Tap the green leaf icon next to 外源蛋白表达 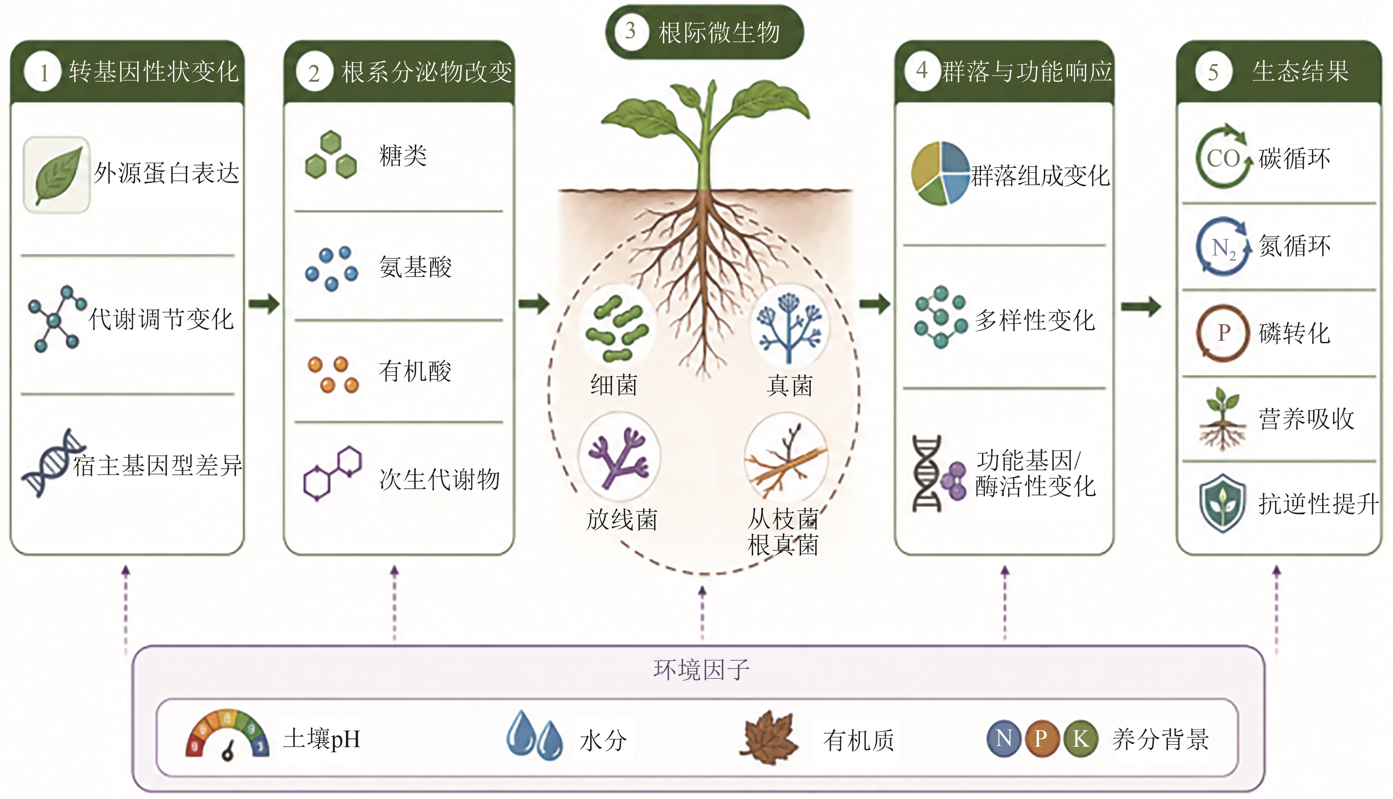tap(57, 174)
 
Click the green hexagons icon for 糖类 tap(331, 155)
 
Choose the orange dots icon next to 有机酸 tap(333, 375)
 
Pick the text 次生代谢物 tap(439, 479)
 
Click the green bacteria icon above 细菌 tap(617, 328)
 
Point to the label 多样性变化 tap(1034, 320)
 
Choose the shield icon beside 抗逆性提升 tap(1222, 503)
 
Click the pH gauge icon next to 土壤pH tap(227, 735)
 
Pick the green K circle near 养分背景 tap(1081, 738)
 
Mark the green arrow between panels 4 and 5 tap(1141, 306)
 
